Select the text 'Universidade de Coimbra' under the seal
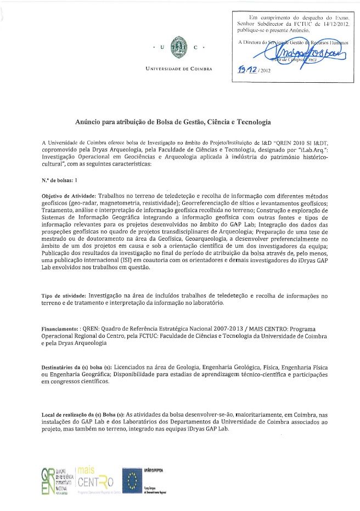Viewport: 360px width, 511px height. point(178,69)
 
